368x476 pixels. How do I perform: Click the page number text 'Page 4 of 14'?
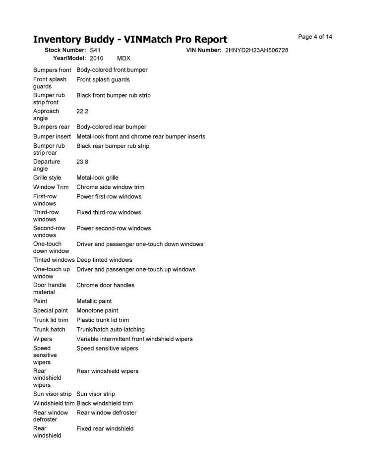pyautogui.click(x=315, y=37)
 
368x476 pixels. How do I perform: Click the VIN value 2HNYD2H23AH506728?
pyautogui.click(x=256, y=51)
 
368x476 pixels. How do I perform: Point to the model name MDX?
pyautogui.click(x=123, y=58)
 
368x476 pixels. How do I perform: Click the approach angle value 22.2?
pyautogui.click(x=82, y=112)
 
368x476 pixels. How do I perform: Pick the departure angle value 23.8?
pyautogui.click(x=82, y=162)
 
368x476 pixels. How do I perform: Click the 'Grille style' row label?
pyautogui.click(x=47, y=178)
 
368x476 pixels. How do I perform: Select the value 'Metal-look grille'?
pyautogui.click(x=97, y=178)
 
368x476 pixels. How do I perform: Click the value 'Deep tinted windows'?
pyautogui.click(x=104, y=260)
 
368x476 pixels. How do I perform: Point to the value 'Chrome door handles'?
pyautogui.click(x=105, y=285)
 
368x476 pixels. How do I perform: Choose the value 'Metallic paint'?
pyautogui.click(x=94, y=301)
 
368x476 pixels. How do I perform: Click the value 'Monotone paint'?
pyautogui.click(x=97, y=310)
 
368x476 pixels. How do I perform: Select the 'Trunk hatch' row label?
pyautogui.click(x=49, y=329)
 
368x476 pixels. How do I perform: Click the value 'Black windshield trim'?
pyautogui.click(x=105, y=403)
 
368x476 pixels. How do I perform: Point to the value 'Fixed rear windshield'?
pyautogui.click(x=105, y=428)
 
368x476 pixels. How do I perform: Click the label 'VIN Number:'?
pyautogui.click(x=203, y=51)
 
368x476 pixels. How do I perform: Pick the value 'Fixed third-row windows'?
pyautogui.click(x=109, y=212)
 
